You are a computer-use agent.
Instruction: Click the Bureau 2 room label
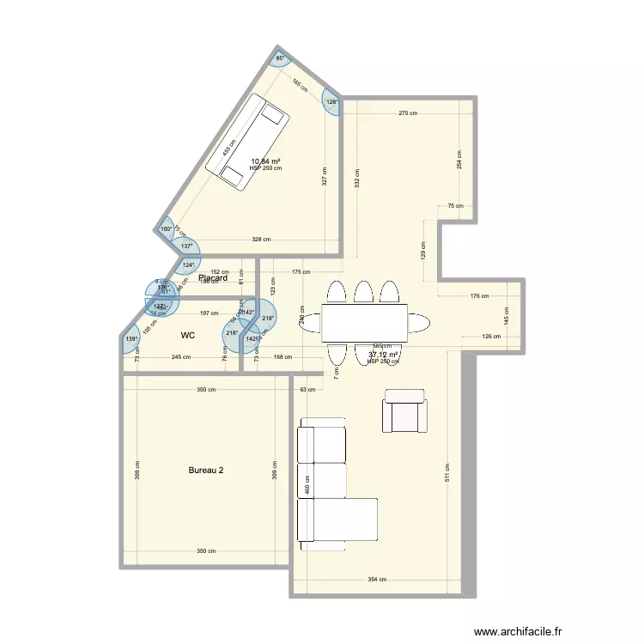pyautogui.click(x=206, y=471)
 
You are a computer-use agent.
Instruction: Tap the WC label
pyautogui.click(x=187, y=336)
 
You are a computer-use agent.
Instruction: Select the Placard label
pyautogui.click(x=212, y=278)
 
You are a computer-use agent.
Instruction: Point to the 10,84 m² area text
pyautogui.click(x=266, y=161)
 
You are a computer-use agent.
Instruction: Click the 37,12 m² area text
pyautogui.click(x=383, y=355)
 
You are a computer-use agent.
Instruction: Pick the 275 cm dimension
pyautogui.click(x=408, y=113)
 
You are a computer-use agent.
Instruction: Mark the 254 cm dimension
pyautogui.click(x=459, y=159)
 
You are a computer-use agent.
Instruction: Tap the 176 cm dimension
pyautogui.click(x=479, y=296)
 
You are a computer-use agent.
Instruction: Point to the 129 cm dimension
pyautogui.click(x=423, y=251)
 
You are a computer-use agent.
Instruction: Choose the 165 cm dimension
pyautogui.click(x=300, y=85)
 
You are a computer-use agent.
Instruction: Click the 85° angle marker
pyautogui.click(x=280, y=59)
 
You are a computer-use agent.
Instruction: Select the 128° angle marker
pyautogui.click(x=331, y=102)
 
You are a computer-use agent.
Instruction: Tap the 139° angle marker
pyautogui.click(x=131, y=340)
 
